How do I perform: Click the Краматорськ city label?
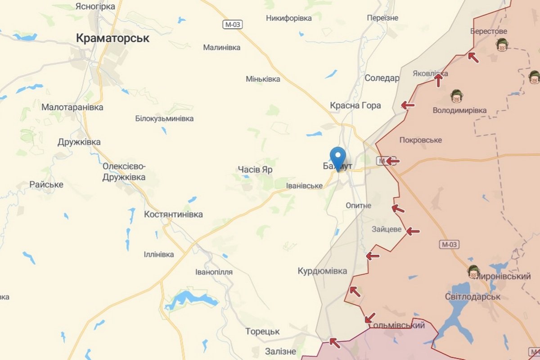click(112, 38)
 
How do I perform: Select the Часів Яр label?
click(255, 170)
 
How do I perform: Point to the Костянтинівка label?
click(173, 215)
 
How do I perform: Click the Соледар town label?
click(382, 78)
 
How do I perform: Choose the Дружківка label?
click(79, 142)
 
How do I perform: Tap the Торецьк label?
click(262, 332)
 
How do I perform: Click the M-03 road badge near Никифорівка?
click(232, 25)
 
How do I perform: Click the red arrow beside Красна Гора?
click(408, 105)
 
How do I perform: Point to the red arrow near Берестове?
click(472, 57)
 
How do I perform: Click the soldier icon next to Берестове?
click(502, 44)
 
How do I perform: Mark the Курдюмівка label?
click(323, 271)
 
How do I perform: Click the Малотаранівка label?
click(72, 107)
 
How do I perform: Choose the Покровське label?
click(420, 140)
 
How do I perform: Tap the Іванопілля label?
click(214, 272)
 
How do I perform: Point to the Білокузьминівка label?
click(164, 119)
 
